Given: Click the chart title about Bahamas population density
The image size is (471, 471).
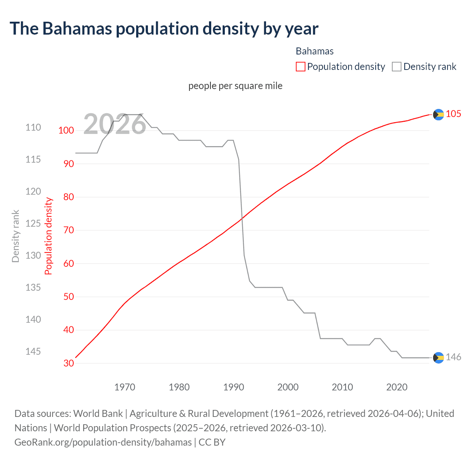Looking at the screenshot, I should [164, 29].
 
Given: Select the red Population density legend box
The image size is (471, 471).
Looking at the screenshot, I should [301, 67].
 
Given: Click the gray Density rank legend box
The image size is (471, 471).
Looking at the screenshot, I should [396, 67].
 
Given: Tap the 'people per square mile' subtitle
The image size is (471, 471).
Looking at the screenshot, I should [235, 86].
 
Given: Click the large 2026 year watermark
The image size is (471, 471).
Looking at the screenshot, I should [114, 124].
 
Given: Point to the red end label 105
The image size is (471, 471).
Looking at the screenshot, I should [453, 114].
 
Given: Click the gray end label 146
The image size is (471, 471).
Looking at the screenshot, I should [453, 357].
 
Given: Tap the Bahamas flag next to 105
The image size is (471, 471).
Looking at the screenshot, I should [438, 115].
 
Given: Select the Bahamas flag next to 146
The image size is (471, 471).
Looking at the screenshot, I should [438, 358].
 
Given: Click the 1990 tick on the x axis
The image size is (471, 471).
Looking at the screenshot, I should [234, 387].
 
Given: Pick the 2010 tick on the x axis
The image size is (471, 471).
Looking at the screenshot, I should [342, 387].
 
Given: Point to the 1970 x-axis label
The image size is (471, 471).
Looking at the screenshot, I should [125, 387].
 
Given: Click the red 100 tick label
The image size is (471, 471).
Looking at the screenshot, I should [66, 130].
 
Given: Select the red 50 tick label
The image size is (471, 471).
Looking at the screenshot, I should [69, 297].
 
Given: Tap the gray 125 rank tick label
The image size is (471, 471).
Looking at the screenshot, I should [33, 223].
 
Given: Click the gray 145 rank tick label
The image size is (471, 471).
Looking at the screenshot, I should [33, 351].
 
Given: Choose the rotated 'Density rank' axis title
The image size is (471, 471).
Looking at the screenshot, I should [15, 236].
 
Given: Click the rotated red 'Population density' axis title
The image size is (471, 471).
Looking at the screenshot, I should [49, 236].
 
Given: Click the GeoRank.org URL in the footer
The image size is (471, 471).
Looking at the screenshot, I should [103, 442].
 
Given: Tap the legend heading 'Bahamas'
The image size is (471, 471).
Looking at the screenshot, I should [315, 51].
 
